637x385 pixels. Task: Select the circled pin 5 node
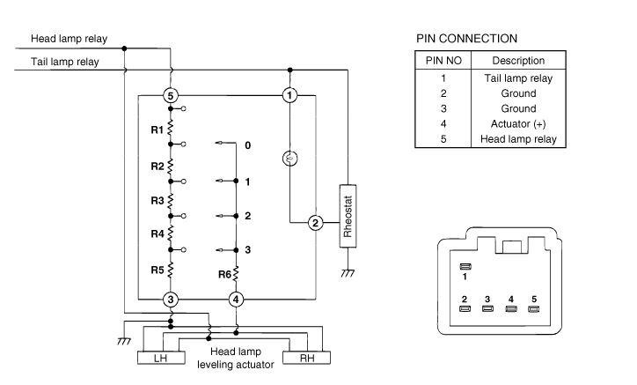click(171, 94)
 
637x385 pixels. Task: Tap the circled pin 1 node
click(289, 94)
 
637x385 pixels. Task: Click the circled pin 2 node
click(315, 223)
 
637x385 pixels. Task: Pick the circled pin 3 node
click(171, 300)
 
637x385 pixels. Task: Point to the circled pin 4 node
click(236, 300)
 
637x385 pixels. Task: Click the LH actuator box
click(159, 359)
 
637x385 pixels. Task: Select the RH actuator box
click(308, 359)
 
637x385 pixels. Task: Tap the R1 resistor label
click(157, 130)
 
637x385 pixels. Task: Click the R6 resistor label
click(224, 274)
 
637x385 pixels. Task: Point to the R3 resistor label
click(157, 201)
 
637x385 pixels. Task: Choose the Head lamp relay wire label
click(70, 39)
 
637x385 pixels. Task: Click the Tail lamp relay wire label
click(64, 62)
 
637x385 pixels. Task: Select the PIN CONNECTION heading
click(466, 39)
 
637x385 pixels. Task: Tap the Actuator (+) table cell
click(517, 123)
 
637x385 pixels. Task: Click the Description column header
click(517, 61)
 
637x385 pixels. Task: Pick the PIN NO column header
click(443, 61)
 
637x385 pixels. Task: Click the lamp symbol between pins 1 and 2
click(289, 159)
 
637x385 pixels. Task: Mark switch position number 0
click(248, 144)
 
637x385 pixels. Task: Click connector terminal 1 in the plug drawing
click(465, 266)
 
